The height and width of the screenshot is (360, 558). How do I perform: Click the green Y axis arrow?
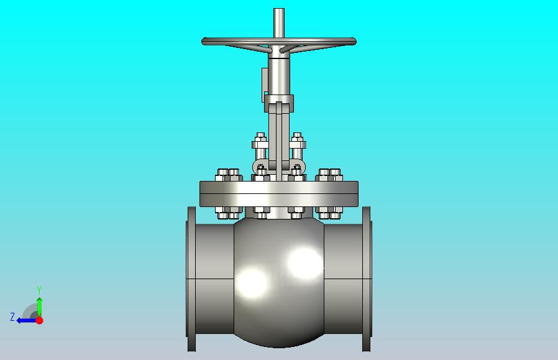point(40,307)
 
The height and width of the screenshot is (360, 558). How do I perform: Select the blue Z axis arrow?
point(26,321)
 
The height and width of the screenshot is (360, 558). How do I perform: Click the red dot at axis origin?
point(40,320)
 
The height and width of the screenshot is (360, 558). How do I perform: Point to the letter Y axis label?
point(39,290)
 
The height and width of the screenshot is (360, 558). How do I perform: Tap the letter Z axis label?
point(12,317)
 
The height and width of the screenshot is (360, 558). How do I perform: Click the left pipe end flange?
point(191,279)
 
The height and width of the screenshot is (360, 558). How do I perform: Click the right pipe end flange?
point(367,279)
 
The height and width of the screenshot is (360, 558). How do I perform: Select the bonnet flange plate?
point(279,194)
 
